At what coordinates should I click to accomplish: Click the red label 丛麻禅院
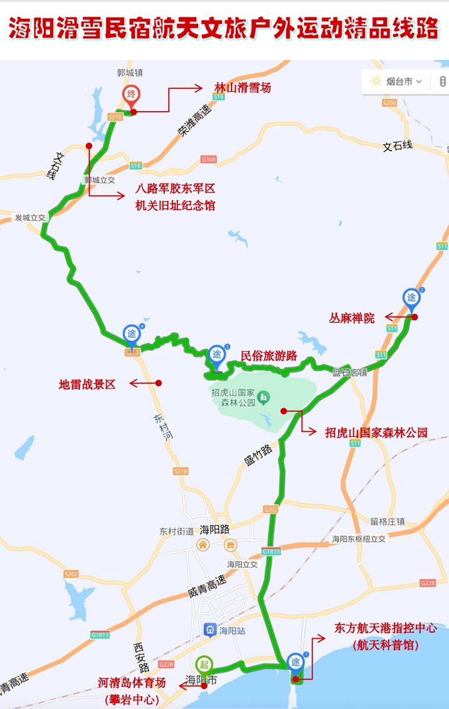coord(352,318)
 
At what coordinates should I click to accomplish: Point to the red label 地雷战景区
coord(87,384)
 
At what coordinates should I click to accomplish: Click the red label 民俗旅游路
coord(269,356)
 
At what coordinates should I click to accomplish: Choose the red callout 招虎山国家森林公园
coord(376,432)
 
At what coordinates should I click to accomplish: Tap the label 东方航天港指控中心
coord(385,628)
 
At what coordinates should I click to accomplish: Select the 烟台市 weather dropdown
coord(396,81)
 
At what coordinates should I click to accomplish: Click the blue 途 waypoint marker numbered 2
coord(411,298)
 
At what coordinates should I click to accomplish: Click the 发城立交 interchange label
coord(31,217)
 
